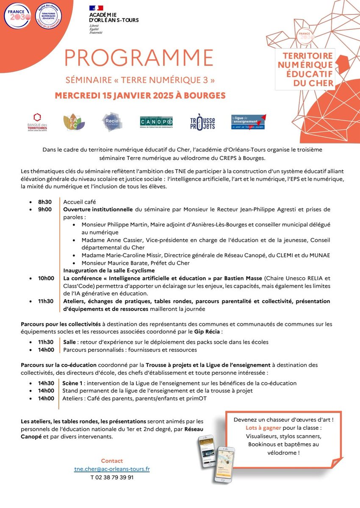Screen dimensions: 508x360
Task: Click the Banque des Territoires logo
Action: [x=37, y=122]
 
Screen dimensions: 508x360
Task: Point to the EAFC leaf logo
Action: [x=74, y=122]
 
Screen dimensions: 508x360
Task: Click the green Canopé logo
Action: [x=156, y=122]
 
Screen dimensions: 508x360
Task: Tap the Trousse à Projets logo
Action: [x=202, y=122]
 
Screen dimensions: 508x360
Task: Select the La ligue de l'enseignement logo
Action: [x=248, y=122]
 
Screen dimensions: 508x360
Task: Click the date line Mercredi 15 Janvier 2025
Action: [x=140, y=95]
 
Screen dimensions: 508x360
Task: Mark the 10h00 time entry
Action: [x=46, y=278]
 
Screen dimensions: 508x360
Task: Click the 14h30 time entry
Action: [x=46, y=383]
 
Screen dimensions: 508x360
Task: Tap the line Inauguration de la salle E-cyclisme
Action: [x=109, y=270]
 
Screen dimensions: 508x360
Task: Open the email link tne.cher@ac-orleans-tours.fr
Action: [x=112, y=469]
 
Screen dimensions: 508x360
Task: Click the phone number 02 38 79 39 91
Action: [x=112, y=477]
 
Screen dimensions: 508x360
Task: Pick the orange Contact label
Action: [x=112, y=461]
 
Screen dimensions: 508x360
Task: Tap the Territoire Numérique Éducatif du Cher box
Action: [x=305, y=69]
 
